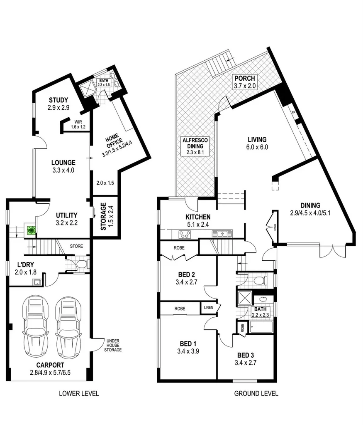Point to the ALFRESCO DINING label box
point(195,146)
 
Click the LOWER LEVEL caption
point(79,393)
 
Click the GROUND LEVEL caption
point(256,393)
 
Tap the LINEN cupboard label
point(208,308)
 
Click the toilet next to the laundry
point(81,264)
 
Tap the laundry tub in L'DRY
point(36,283)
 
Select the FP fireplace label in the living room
point(293,113)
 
